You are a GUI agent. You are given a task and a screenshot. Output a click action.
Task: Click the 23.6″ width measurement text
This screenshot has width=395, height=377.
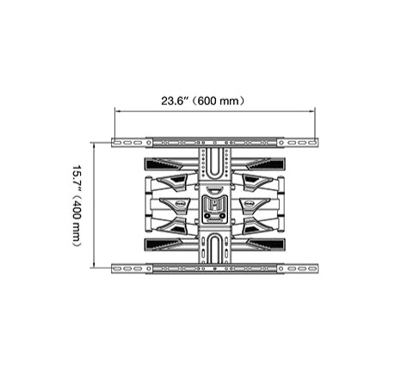[x=174, y=101]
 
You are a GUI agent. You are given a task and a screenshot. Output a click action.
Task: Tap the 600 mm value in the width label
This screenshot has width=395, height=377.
[x=218, y=101]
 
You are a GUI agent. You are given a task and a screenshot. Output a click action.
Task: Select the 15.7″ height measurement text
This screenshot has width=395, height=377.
[x=77, y=178]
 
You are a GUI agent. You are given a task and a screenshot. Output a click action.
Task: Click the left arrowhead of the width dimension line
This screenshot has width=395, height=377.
[x=117, y=111]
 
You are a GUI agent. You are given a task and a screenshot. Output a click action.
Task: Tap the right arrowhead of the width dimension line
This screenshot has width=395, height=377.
[x=312, y=111]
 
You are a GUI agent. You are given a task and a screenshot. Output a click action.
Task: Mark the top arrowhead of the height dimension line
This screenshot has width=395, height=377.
[x=94, y=145]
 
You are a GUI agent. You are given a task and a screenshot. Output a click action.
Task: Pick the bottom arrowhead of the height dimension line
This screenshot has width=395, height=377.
[x=94, y=265]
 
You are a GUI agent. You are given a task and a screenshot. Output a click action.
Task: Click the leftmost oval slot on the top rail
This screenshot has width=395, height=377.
[x=117, y=142]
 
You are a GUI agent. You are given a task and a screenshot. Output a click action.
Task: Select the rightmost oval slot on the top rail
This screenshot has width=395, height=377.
[x=312, y=142]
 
